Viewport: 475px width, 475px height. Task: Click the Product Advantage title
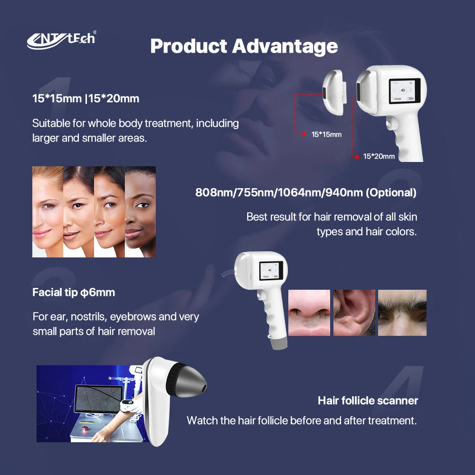pyautogui.click(x=244, y=47)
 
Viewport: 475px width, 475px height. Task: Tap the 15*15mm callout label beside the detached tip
pyautogui.click(x=326, y=134)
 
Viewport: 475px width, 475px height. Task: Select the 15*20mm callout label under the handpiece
pyautogui.click(x=379, y=156)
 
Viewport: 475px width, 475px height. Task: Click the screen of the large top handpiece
pyautogui.click(x=402, y=91)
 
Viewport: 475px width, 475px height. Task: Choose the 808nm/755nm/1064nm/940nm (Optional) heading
pyautogui.click(x=306, y=193)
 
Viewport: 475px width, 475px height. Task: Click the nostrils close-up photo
pyautogui.click(x=309, y=313)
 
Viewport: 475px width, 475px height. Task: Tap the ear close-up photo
pyautogui.click(x=354, y=313)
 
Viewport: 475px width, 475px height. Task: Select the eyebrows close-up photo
pyautogui.click(x=402, y=313)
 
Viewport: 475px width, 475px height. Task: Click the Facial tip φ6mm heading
pyautogui.click(x=74, y=292)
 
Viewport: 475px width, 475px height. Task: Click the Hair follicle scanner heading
pyautogui.click(x=368, y=400)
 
